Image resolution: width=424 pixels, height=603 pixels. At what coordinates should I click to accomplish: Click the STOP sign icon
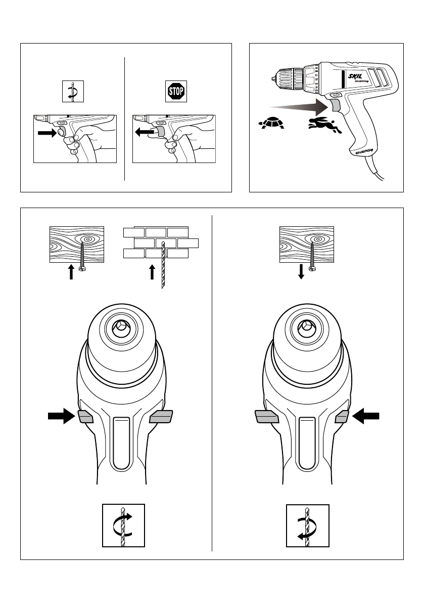coord(176,91)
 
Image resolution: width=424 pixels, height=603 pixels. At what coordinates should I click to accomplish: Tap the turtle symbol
coord(270,122)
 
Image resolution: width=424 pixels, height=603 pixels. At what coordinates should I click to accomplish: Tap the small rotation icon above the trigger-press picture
coord(72,91)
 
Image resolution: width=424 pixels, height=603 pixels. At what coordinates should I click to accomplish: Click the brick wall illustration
coord(161,243)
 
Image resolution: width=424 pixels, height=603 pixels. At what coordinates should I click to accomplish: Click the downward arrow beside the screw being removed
coord(301,272)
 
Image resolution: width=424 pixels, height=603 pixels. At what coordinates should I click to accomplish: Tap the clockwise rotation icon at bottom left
coord(124,525)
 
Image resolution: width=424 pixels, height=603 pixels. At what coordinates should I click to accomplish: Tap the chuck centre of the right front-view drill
coord(305,327)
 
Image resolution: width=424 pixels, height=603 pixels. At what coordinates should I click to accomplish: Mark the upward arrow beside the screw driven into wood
coord(71,272)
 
